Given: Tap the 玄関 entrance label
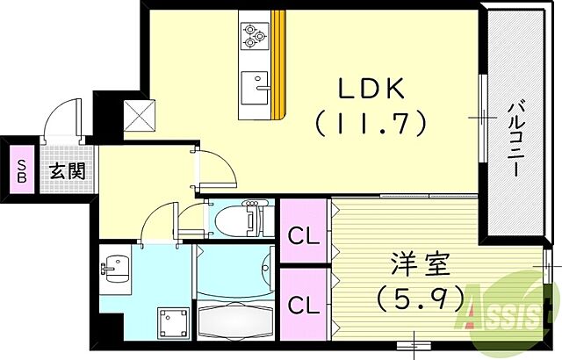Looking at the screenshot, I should tap(67, 170).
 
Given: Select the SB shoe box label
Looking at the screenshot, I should tap(18, 170).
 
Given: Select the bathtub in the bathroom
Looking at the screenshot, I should tap(234, 318).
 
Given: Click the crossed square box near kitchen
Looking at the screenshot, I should tap(137, 114).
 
